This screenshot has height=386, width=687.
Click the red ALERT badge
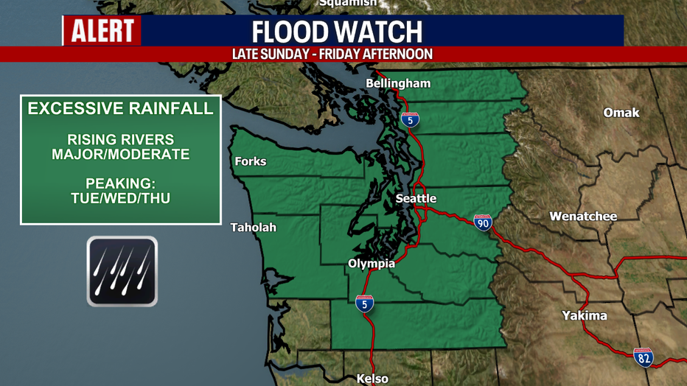102,31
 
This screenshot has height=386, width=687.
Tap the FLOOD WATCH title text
338,32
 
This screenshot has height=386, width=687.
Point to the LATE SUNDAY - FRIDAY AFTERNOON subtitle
332,55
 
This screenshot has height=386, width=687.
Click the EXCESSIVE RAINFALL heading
120,109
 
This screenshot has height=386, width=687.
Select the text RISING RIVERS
121,139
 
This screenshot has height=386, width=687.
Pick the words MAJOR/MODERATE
121,155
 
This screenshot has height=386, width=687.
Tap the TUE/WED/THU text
121,198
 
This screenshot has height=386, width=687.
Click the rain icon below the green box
122,271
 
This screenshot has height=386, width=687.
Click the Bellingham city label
398,83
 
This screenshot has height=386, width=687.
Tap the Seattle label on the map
416,199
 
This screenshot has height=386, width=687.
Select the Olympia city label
372,264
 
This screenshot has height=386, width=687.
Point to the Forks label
250,161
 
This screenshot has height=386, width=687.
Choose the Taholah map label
253,228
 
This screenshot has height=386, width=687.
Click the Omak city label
621,113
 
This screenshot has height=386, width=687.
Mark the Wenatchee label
583,217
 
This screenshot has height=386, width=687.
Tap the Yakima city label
583,316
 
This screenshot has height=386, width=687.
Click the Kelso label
372,379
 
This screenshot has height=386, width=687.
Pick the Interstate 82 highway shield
643,357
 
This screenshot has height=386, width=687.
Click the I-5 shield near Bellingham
411,119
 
